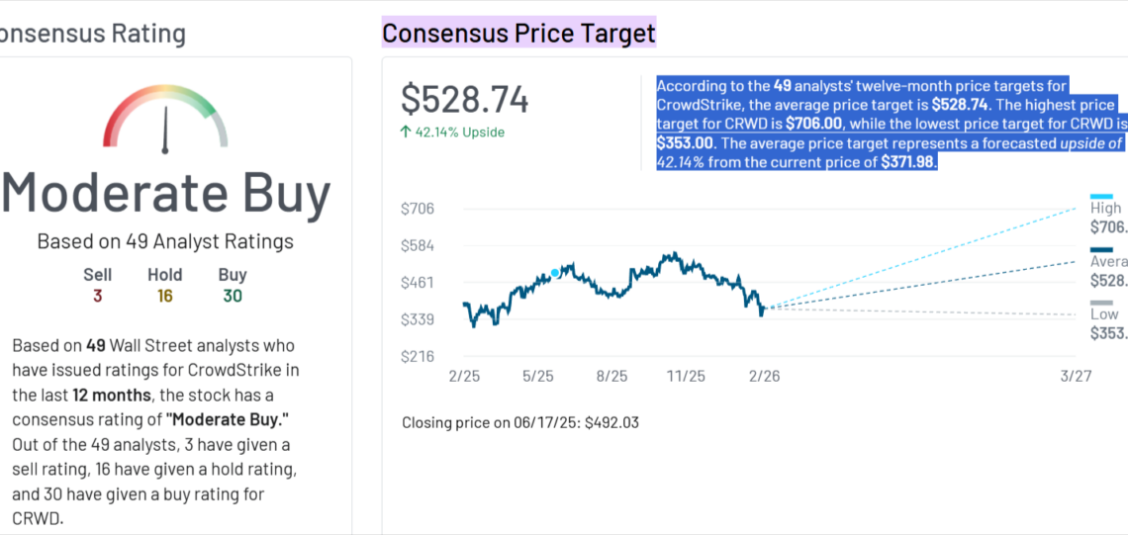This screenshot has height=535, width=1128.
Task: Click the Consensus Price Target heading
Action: point(518,34)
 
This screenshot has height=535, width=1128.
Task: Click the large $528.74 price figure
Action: point(464,100)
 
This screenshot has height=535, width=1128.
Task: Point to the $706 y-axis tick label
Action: point(417,209)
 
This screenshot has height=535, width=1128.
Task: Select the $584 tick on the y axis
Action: point(417,245)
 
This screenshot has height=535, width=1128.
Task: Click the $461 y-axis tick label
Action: point(417,283)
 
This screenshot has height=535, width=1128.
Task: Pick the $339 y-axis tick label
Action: point(417,319)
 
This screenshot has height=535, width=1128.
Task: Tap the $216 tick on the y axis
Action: point(417,356)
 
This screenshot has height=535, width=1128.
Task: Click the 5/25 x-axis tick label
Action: point(537,377)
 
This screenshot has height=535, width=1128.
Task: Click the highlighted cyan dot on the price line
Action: point(555,273)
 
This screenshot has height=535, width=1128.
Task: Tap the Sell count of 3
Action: point(97,296)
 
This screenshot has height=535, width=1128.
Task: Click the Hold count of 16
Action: point(165,296)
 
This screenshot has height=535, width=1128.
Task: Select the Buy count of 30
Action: point(233,296)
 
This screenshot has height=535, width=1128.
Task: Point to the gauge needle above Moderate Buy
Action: point(165,129)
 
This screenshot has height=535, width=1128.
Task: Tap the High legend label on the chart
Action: point(1105,208)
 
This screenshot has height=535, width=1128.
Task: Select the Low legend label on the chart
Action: point(1103,313)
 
